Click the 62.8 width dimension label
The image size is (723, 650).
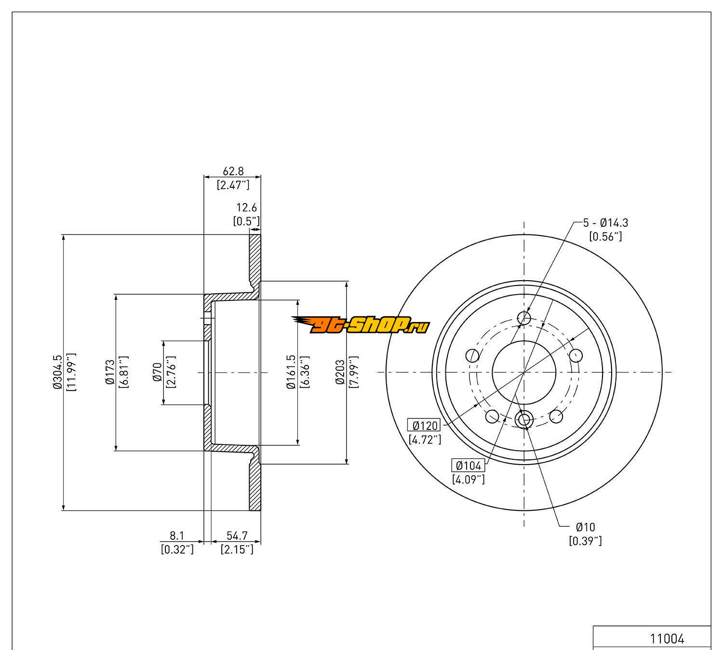(233, 171)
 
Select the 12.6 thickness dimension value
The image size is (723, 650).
(246, 208)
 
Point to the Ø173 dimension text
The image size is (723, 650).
(110, 372)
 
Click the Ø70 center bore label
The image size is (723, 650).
(158, 372)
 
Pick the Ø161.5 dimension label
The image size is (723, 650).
(291, 372)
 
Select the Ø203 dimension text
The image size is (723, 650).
(340, 372)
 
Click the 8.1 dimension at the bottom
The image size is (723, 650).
(177, 535)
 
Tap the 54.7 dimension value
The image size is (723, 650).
(237, 535)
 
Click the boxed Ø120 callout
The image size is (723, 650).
(424, 426)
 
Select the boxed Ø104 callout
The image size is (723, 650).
(469, 466)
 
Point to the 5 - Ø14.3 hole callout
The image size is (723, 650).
(605, 223)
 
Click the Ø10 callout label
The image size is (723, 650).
(585, 527)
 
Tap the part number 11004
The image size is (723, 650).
(667, 639)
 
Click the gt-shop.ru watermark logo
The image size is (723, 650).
(361, 326)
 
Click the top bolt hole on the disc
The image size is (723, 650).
(524, 318)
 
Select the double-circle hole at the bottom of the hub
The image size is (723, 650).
(524, 419)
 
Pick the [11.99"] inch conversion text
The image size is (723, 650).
(71, 372)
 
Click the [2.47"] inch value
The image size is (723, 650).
(233, 184)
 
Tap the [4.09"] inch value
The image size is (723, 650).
(469, 479)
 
